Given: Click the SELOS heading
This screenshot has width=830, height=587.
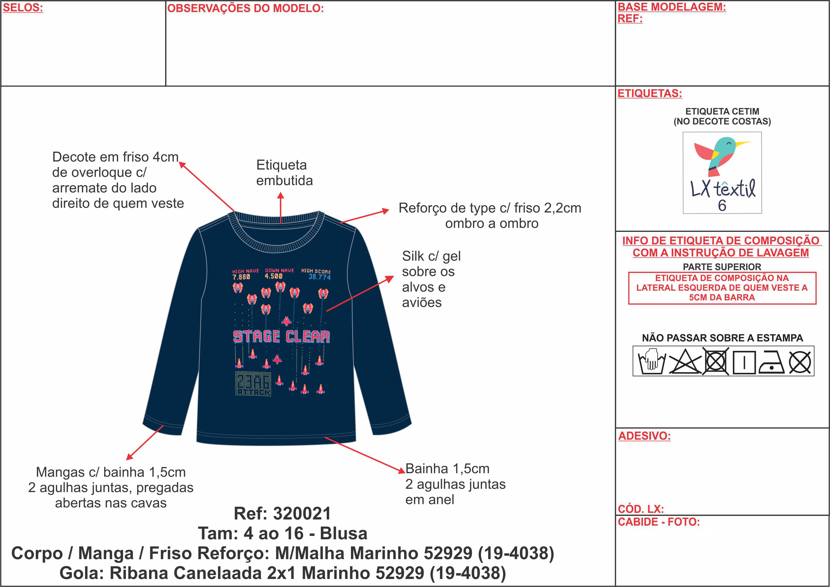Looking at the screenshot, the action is (x=23, y=8).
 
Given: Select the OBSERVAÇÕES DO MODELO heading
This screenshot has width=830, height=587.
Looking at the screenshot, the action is (x=245, y=8).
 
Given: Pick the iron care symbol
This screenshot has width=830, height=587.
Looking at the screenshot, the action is (x=771, y=362).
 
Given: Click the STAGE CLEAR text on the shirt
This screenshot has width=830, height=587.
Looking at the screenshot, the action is (x=281, y=336).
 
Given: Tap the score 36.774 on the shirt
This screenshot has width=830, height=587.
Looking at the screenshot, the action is (x=320, y=277).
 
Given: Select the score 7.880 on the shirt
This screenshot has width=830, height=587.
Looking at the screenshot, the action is (x=241, y=277).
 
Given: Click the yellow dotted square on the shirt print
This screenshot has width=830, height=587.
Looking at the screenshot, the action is (x=253, y=383).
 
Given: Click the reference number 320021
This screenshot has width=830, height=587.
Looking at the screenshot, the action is (x=302, y=513).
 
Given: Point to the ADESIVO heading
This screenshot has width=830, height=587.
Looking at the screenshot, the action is (x=644, y=436).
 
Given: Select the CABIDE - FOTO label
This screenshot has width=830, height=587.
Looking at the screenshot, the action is (x=659, y=522).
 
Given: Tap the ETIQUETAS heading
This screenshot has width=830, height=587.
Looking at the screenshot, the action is (x=650, y=93).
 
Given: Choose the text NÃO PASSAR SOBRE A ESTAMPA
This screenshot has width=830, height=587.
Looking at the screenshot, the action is (x=722, y=338).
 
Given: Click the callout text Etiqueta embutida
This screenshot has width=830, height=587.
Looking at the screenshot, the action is (x=284, y=173).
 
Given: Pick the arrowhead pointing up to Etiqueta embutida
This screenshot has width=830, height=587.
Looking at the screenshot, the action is (x=281, y=196).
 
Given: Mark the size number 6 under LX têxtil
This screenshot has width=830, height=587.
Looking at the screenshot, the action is (x=722, y=205).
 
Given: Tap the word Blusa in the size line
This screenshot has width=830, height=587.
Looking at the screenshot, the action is (x=343, y=533).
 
